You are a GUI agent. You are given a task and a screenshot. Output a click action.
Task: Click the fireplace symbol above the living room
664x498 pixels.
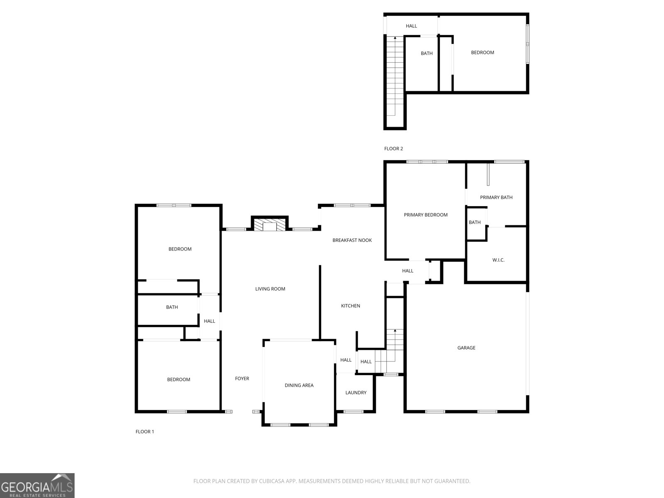pyautogui.click(x=270, y=225)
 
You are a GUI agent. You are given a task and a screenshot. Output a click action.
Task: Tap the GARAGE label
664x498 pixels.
pyautogui.click(x=466, y=348)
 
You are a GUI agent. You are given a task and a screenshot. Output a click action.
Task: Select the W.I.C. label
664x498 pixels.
pyautogui.click(x=498, y=260)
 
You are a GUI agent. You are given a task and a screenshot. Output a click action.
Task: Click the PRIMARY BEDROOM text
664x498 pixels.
pyautogui.click(x=425, y=215)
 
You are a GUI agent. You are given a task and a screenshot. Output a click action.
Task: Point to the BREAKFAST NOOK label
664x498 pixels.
pyautogui.click(x=352, y=240)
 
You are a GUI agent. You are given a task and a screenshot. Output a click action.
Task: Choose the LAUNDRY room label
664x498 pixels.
pyautogui.click(x=356, y=393)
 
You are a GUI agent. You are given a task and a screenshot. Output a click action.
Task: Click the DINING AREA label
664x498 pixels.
pyautogui.click(x=299, y=386)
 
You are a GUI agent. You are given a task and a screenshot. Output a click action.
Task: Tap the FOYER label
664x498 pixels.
pyautogui.click(x=242, y=378)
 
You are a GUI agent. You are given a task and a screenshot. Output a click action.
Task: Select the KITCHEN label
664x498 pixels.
pyautogui.click(x=350, y=306)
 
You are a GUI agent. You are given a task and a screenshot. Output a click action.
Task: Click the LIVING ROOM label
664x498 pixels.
pyautogui.click(x=270, y=289)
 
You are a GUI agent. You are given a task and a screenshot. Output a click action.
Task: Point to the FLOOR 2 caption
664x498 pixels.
pyautogui.click(x=393, y=149)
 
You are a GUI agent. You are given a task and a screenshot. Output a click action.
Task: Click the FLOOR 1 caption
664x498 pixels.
pyautogui.click(x=144, y=432)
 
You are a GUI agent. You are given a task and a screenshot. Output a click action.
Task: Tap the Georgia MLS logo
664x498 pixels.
pyautogui.click(x=37, y=486)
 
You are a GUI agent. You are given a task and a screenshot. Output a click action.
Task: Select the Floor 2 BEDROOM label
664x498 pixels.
pyautogui.click(x=482, y=53)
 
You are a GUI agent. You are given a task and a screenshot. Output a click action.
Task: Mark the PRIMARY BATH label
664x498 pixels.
pyautogui.click(x=496, y=198)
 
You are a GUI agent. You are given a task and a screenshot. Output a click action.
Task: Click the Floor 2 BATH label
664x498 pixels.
pyautogui.click(x=427, y=54)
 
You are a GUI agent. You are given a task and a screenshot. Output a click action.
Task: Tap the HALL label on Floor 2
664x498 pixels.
pyautogui.click(x=411, y=26)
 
